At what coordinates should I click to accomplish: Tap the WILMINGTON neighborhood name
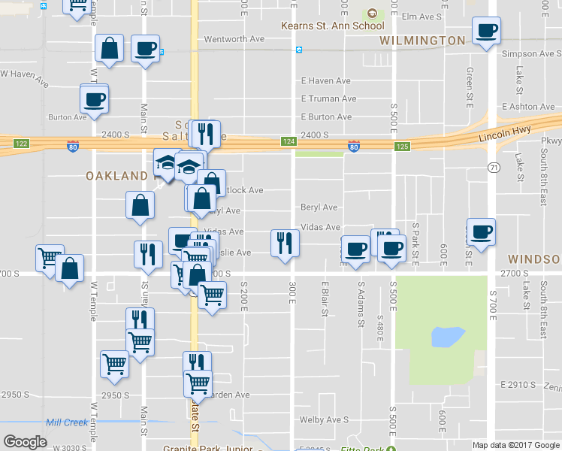pyautogui.click(x=422, y=41)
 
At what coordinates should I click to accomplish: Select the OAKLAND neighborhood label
pyautogui.click(x=116, y=176)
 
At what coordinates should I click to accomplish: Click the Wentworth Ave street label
pyautogui.click(x=235, y=38)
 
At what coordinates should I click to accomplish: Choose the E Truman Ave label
pyautogui.click(x=328, y=98)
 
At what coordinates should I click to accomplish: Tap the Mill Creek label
pyautogui.click(x=66, y=422)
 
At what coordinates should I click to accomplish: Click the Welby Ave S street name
pyautogui.click(x=325, y=419)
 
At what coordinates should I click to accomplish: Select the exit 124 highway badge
pyautogui.click(x=289, y=141)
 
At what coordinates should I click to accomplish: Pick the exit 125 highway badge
pyautogui.click(x=403, y=147)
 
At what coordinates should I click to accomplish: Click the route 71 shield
pyautogui.click(x=493, y=166)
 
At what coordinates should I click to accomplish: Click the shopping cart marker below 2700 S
pyautogui.click(x=213, y=298)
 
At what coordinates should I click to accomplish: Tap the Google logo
pyautogui.click(x=25, y=442)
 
